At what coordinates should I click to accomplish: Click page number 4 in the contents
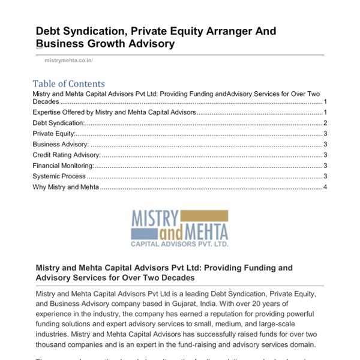[325, 187]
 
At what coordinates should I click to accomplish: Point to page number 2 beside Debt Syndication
[325, 122]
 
